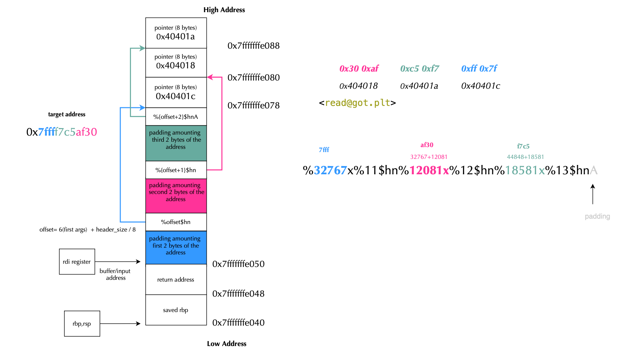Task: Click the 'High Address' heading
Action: point(224,10)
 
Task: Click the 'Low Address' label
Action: point(226,344)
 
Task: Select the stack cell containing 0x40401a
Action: point(176,33)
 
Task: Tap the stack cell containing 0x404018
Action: point(176,62)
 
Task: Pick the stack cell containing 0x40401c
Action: point(176,92)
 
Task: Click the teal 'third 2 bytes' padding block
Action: point(176,143)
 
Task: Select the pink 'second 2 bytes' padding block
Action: point(176,195)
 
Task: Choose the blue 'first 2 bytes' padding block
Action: point(176,247)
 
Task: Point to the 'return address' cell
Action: point(176,279)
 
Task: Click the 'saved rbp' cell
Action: point(176,310)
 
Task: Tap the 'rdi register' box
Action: point(77,262)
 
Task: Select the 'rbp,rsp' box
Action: point(82,323)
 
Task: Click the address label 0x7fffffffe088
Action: point(253,46)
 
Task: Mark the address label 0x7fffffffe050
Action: point(238,264)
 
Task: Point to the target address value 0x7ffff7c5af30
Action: point(62,132)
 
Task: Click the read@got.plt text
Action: point(357,103)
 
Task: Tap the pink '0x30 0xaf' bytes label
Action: point(359,68)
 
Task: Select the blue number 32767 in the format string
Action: point(330,170)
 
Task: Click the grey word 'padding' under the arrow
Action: point(597,216)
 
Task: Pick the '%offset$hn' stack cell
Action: point(176,222)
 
